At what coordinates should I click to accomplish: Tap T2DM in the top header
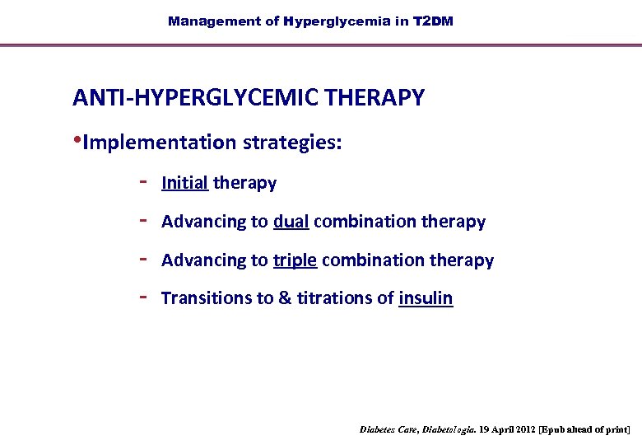click(x=433, y=21)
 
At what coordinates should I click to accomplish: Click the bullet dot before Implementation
click(x=77, y=140)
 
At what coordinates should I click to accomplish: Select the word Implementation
click(x=159, y=143)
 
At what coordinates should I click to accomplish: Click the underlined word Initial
click(x=184, y=183)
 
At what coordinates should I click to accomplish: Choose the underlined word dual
click(x=291, y=222)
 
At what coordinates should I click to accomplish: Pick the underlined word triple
click(x=295, y=260)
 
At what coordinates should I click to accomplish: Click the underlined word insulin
click(x=426, y=298)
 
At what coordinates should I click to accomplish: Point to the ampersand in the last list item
click(x=286, y=298)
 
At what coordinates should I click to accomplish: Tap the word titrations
click(x=335, y=298)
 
